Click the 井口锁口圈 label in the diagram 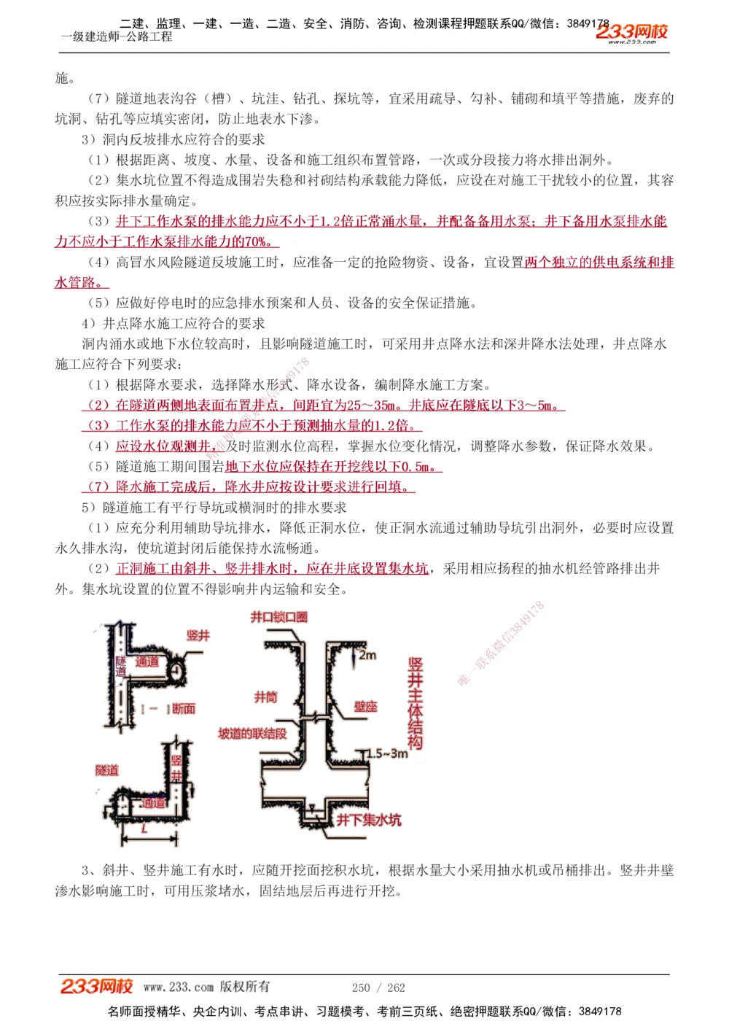click(x=279, y=617)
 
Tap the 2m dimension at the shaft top click(x=368, y=655)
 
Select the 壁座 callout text click(x=366, y=706)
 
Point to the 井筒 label click(x=265, y=697)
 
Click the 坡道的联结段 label click(x=252, y=733)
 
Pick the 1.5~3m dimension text click(x=387, y=753)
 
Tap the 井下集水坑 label click(x=369, y=820)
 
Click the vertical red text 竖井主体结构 click(x=415, y=704)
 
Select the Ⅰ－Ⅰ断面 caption click(x=168, y=708)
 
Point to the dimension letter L click(x=145, y=829)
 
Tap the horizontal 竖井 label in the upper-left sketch click(x=198, y=635)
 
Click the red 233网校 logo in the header click(x=631, y=31)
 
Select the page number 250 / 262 click(x=378, y=988)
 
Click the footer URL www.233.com click(x=179, y=987)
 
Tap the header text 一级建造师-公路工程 click(x=117, y=36)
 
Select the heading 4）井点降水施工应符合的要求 click(x=174, y=323)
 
